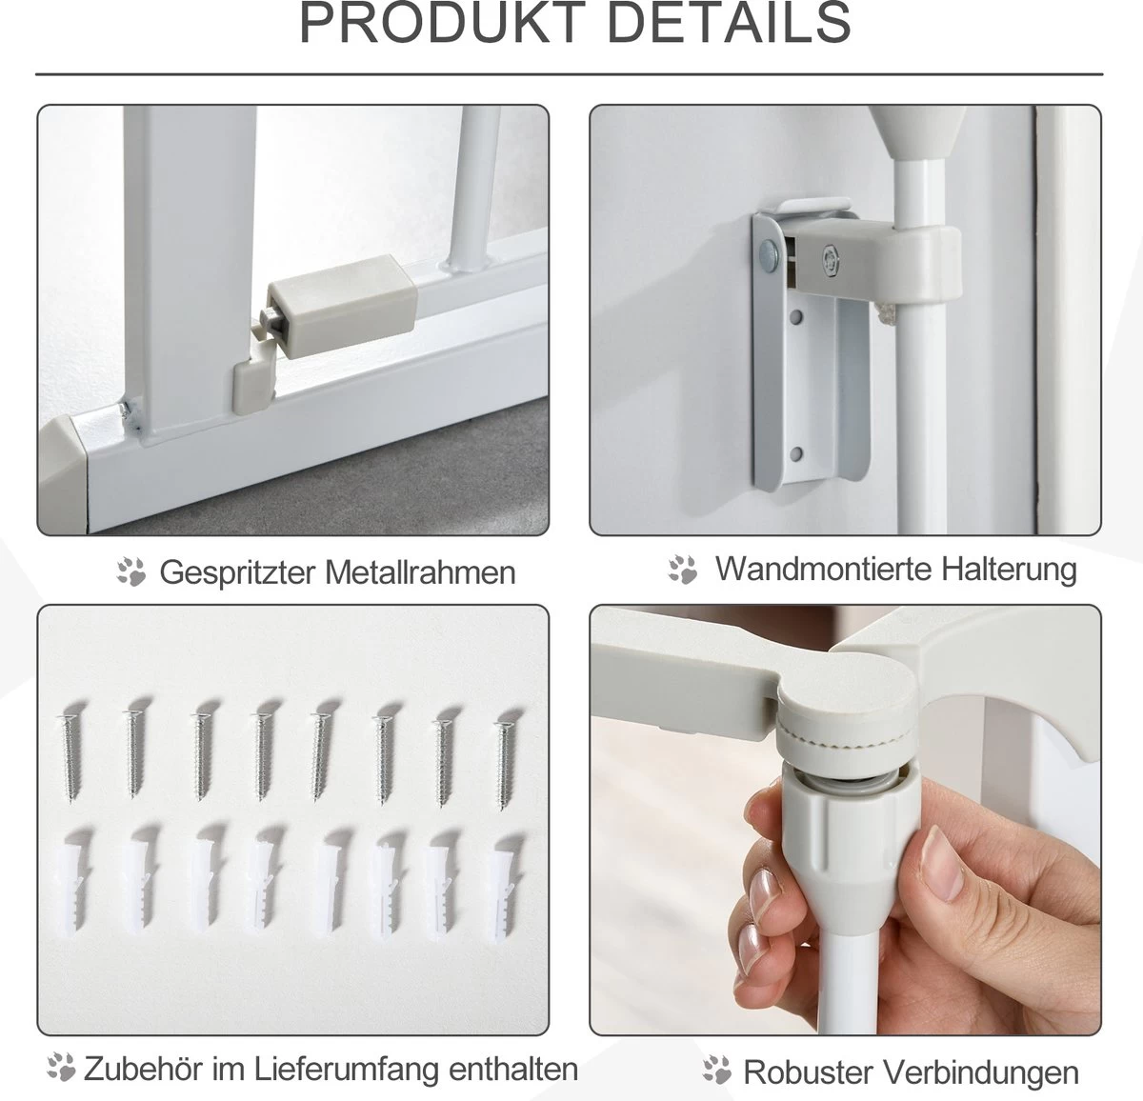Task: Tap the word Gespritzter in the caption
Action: (x=238, y=572)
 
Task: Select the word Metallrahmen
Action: (x=420, y=572)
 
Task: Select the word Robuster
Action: (x=809, y=1072)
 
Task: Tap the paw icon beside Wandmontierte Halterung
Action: (x=683, y=570)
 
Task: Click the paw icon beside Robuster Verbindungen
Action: (x=717, y=1070)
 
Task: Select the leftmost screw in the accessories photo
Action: (x=70, y=756)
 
